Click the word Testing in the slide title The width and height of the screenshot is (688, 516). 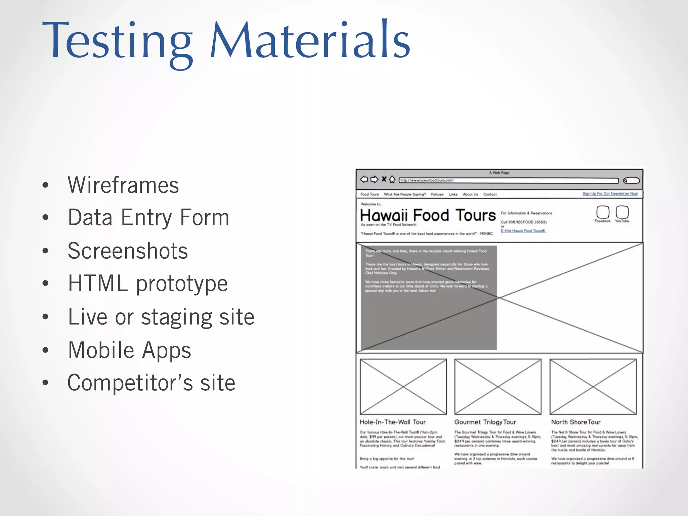click(117, 41)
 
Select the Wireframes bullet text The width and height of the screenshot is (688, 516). click(123, 185)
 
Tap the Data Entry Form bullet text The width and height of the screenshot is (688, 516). click(148, 218)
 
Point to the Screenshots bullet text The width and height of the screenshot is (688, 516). click(128, 251)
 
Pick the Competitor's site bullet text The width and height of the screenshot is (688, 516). click(152, 383)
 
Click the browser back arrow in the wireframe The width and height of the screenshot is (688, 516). click(364, 179)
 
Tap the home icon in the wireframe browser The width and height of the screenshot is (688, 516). click(392, 180)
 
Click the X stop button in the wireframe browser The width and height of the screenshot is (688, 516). click(384, 179)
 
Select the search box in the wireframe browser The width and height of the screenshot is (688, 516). click(631, 181)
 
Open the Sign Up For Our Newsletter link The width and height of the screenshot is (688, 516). click(610, 193)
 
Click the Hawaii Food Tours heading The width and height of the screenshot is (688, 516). click(428, 215)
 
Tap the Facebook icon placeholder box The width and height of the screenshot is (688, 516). click(603, 212)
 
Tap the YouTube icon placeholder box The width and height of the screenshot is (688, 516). click(622, 212)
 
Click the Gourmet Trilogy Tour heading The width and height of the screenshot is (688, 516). click(485, 422)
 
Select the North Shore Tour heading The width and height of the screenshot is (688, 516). click(575, 422)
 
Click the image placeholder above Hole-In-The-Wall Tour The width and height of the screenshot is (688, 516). click(403, 387)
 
